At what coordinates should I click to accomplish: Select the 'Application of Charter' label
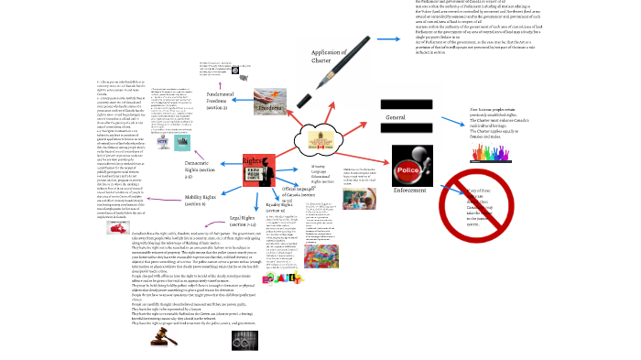(x=327, y=58)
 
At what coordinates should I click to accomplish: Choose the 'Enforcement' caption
(x=409, y=189)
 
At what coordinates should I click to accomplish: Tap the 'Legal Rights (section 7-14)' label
(x=244, y=222)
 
